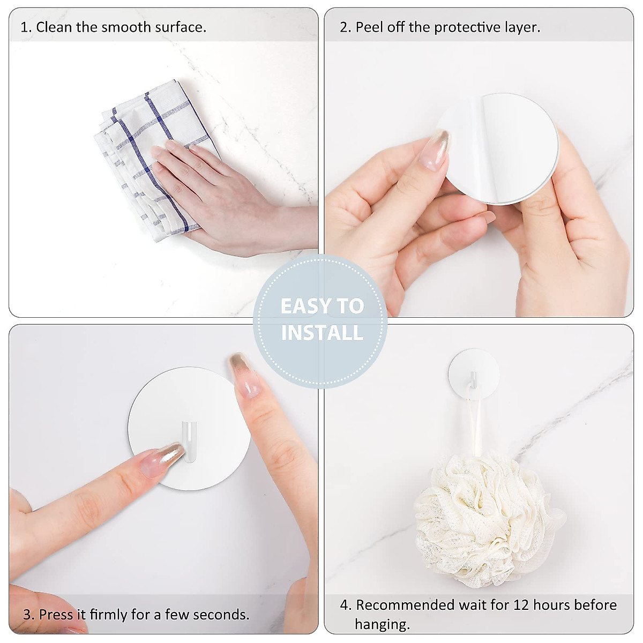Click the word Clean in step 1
tap(54, 27)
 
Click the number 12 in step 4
tap(522, 605)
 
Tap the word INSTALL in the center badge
tap(322, 333)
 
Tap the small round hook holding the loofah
tap(474, 374)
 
